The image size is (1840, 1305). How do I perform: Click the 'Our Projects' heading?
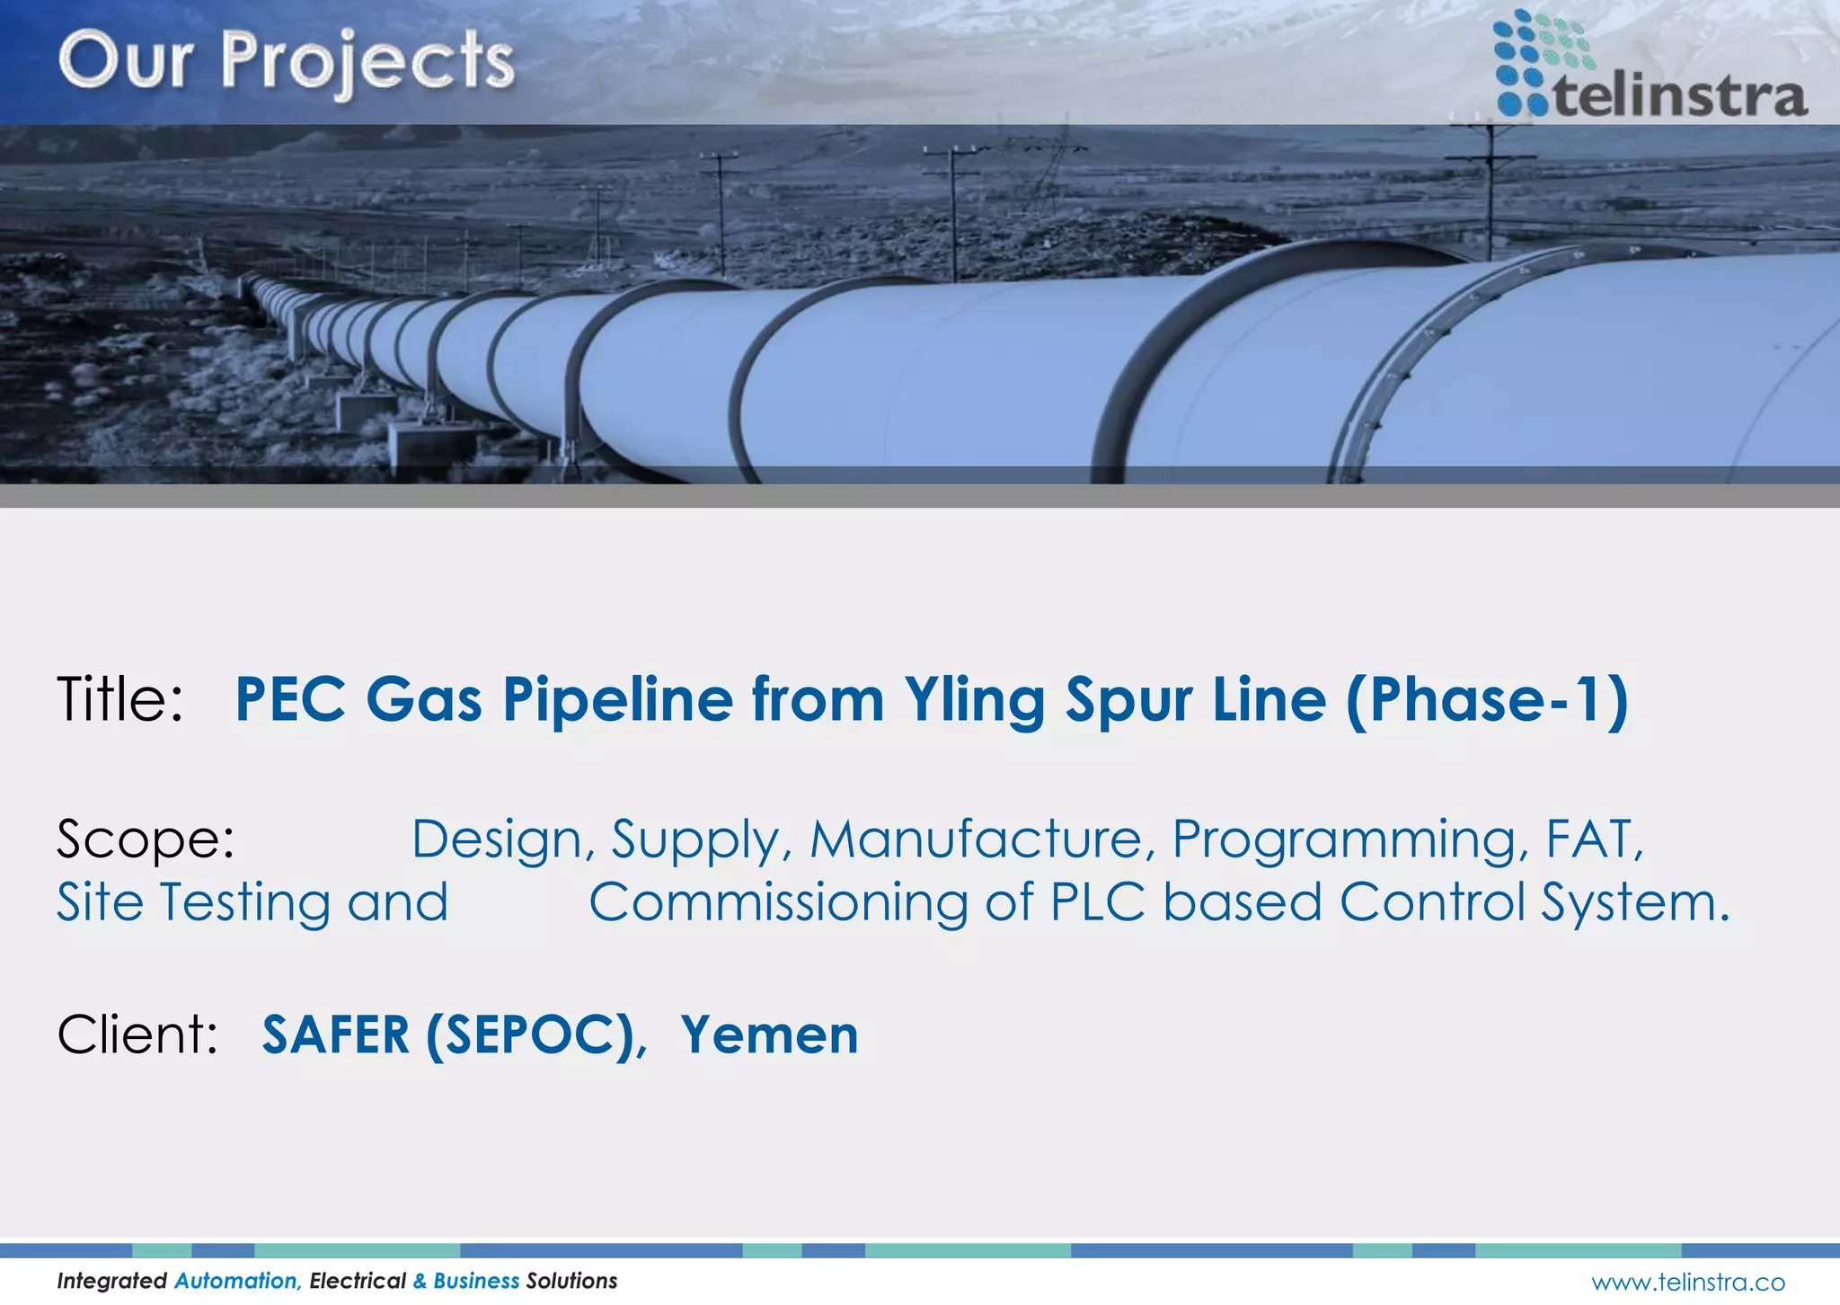coord(286,61)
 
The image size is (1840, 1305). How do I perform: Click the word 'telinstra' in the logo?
coord(1679,95)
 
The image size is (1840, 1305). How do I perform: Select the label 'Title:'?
coord(119,699)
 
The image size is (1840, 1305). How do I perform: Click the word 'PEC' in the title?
coord(290,699)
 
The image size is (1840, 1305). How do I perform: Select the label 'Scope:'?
coord(146,839)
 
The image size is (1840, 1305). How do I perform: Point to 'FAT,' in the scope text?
coord(1594,839)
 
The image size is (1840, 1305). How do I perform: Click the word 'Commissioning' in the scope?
coord(778,902)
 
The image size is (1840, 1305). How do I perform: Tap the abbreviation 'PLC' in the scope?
coord(1097,902)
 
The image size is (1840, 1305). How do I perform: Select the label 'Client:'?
coord(137,1034)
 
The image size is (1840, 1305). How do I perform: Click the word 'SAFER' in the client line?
coord(336,1034)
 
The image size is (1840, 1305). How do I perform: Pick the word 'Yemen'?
coord(769,1034)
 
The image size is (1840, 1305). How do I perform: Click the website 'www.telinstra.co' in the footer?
coord(1688,1282)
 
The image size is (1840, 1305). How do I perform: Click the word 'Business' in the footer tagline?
coord(476,1281)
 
